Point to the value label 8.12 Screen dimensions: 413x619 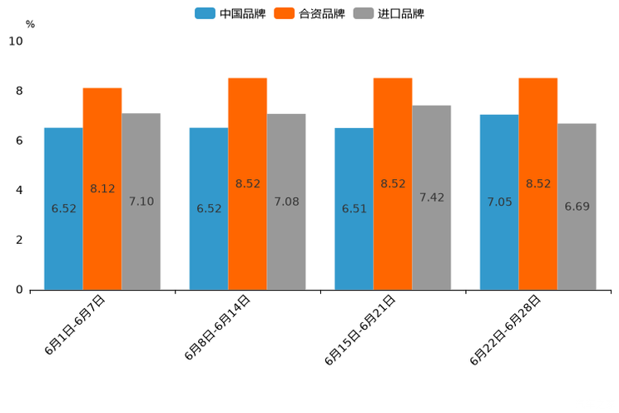102,189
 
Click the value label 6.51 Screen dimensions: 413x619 354,209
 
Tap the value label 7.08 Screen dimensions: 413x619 286,202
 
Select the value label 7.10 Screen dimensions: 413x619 141,202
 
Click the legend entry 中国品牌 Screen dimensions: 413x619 231,13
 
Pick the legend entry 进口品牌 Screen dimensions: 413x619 389,13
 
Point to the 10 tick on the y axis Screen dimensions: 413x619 16,41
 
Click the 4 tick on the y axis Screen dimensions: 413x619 19,190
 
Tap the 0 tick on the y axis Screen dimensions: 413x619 19,290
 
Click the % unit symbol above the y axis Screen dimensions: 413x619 30,25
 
